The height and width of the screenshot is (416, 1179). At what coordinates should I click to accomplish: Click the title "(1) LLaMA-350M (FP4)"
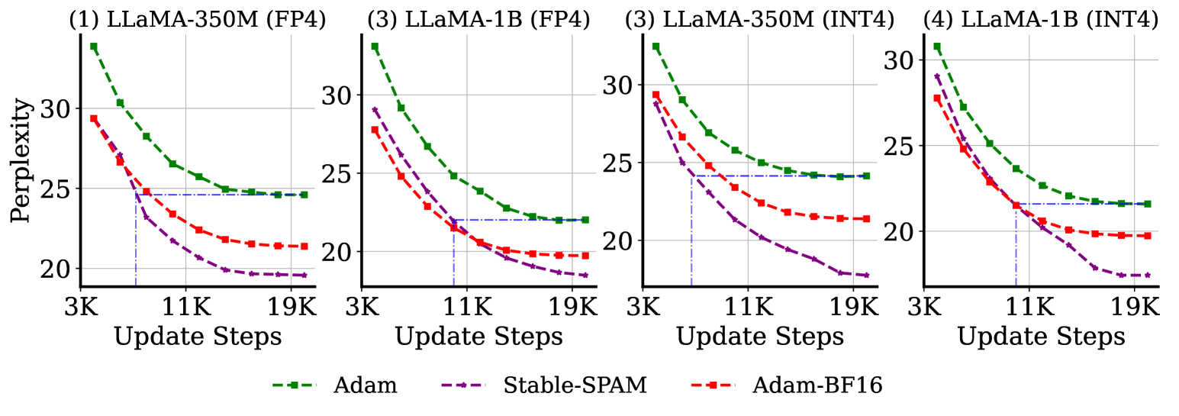pyautogui.click(x=198, y=20)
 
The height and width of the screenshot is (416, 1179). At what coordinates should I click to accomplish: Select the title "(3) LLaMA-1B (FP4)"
pyautogui.click(x=478, y=20)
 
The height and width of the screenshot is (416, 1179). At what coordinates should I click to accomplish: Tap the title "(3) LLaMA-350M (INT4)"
pyautogui.click(x=759, y=20)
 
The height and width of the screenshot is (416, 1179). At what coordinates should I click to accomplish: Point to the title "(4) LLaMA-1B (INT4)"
pyautogui.click(x=1041, y=20)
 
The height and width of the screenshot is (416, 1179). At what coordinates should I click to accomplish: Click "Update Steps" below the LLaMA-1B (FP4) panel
pyautogui.click(x=479, y=336)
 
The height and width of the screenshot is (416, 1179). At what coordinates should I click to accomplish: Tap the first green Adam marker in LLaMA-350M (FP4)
pyautogui.click(x=94, y=47)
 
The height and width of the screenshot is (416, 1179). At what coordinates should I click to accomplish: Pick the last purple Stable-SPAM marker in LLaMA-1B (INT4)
pyautogui.click(x=1147, y=276)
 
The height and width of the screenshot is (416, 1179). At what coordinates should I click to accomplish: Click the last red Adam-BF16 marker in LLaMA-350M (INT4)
pyautogui.click(x=866, y=219)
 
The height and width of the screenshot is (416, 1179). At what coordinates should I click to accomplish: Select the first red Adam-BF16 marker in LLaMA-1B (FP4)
pyautogui.click(x=375, y=130)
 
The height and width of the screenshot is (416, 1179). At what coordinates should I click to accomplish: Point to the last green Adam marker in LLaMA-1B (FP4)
pyautogui.click(x=585, y=220)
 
